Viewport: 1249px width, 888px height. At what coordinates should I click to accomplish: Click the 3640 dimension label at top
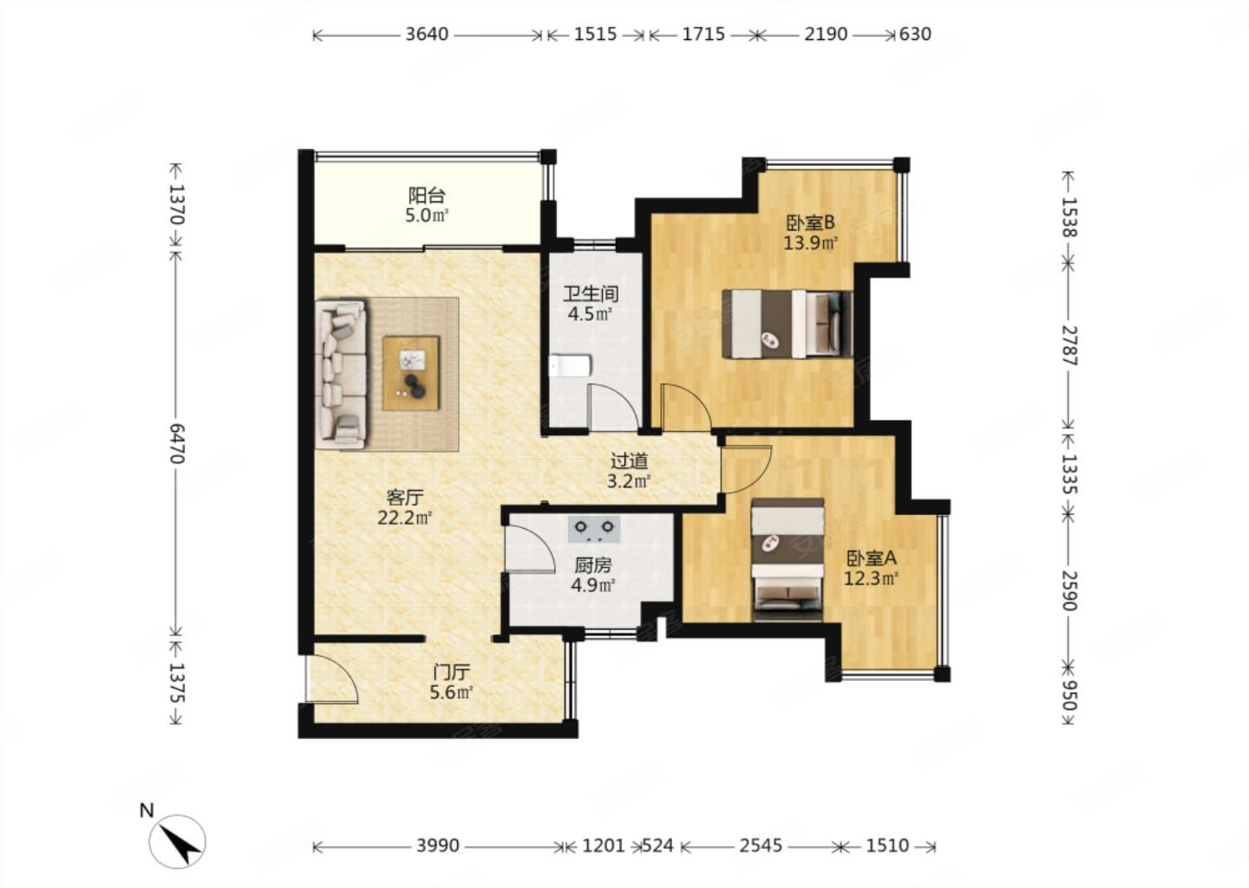[x=427, y=35]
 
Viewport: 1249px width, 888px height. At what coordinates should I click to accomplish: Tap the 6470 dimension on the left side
[x=176, y=444]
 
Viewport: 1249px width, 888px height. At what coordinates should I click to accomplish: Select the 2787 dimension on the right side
[x=1069, y=346]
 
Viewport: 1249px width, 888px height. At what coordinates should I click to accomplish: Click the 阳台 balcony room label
[x=427, y=196]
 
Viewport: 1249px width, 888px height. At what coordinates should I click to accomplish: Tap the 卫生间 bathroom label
[x=591, y=293]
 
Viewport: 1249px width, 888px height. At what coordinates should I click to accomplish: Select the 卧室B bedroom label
[x=810, y=223]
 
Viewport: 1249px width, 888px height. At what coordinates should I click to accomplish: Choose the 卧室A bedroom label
[x=872, y=558]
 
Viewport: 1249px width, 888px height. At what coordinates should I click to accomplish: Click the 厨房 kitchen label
[x=592, y=565]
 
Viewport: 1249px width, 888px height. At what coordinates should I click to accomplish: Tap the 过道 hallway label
[x=629, y=461]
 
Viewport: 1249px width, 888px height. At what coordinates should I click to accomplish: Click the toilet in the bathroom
[x=570, y=366]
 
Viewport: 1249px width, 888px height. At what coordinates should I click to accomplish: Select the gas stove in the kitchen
[x=594, y=528]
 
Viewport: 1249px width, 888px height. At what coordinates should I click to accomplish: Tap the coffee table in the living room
[x=411, y=373]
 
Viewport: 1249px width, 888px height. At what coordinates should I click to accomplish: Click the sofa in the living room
[x=341, y=375]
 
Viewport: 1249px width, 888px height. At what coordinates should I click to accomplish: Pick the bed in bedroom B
[x=788, y=323]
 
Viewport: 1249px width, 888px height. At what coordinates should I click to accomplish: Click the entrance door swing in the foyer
[x=331, y=679]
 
